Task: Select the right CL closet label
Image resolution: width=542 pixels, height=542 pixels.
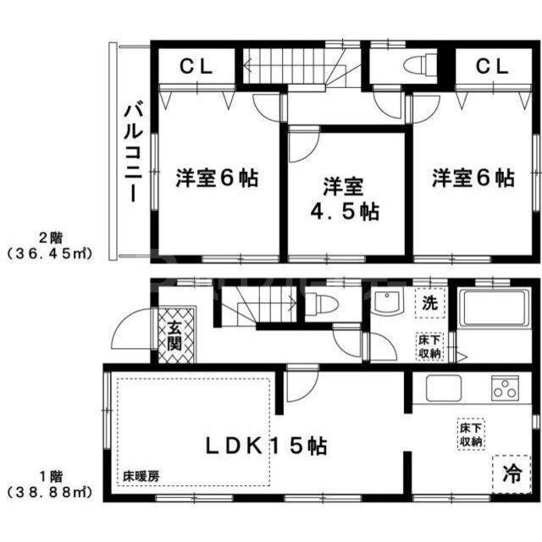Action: (x=490, y=65)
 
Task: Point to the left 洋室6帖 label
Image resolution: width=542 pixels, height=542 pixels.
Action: (x=217, y=179)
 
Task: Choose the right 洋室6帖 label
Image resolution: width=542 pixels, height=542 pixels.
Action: (x=473, y=179)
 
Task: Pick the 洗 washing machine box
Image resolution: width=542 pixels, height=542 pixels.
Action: (x=430, y=302)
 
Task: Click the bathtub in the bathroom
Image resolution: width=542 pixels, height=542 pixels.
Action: (x=495, y=308)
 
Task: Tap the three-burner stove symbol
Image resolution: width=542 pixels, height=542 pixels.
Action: (x=505, y=390)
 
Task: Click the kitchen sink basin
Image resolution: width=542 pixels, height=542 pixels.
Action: (x=443, y=390)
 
